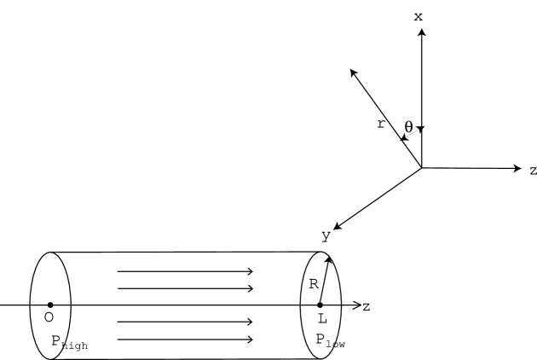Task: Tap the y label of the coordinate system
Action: [326, 237]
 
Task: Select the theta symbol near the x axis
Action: [409, 127]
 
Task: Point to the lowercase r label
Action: [380, 124]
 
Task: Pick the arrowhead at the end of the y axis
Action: [337, 227]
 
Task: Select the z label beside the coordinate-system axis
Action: [532, 170]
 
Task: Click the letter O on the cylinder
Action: [49, 317]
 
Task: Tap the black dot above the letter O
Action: [50, 305]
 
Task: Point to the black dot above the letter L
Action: [320, 305]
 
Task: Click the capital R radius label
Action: [314, 284]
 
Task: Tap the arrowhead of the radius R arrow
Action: [327, 258]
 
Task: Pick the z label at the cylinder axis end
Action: [367, 306]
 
